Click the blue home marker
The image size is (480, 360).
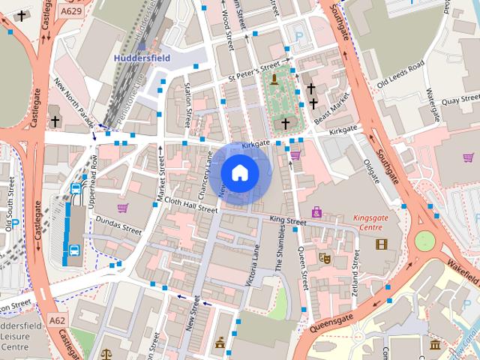[240, 173]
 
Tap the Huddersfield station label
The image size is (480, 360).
[142, 57]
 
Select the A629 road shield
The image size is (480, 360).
[72, 11]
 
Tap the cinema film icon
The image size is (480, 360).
[382, 244]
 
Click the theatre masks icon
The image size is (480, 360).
[325, 257]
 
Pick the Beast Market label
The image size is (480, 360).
[332, 107]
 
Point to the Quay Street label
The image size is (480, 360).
[459, 98]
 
